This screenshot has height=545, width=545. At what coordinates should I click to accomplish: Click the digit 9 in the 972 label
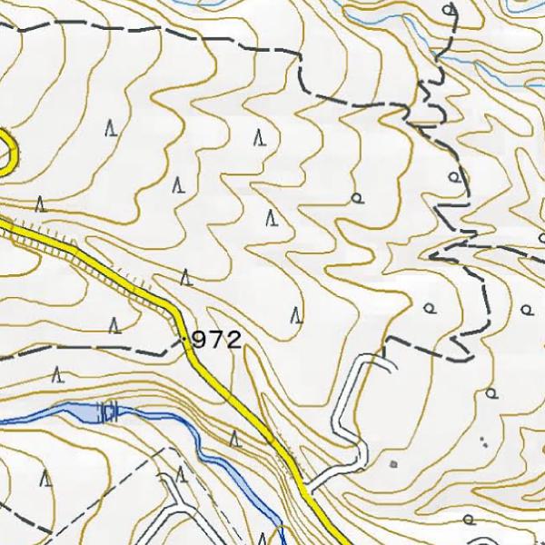point(202,341)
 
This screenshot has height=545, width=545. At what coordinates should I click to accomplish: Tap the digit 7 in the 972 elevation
point(217,341)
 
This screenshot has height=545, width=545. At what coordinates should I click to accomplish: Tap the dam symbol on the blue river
point(111,414)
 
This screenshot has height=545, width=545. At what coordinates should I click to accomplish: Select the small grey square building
point(393,464)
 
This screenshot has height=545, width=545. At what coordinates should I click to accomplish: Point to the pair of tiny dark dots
point(483,442)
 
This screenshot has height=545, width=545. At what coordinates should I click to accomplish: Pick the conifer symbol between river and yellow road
point(234,440)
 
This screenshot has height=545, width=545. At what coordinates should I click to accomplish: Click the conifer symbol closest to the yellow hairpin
point(39,204)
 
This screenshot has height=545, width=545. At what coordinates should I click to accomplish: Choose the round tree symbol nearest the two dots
point(491,394)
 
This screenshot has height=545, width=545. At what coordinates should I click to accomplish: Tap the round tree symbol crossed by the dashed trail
point(453,177)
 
